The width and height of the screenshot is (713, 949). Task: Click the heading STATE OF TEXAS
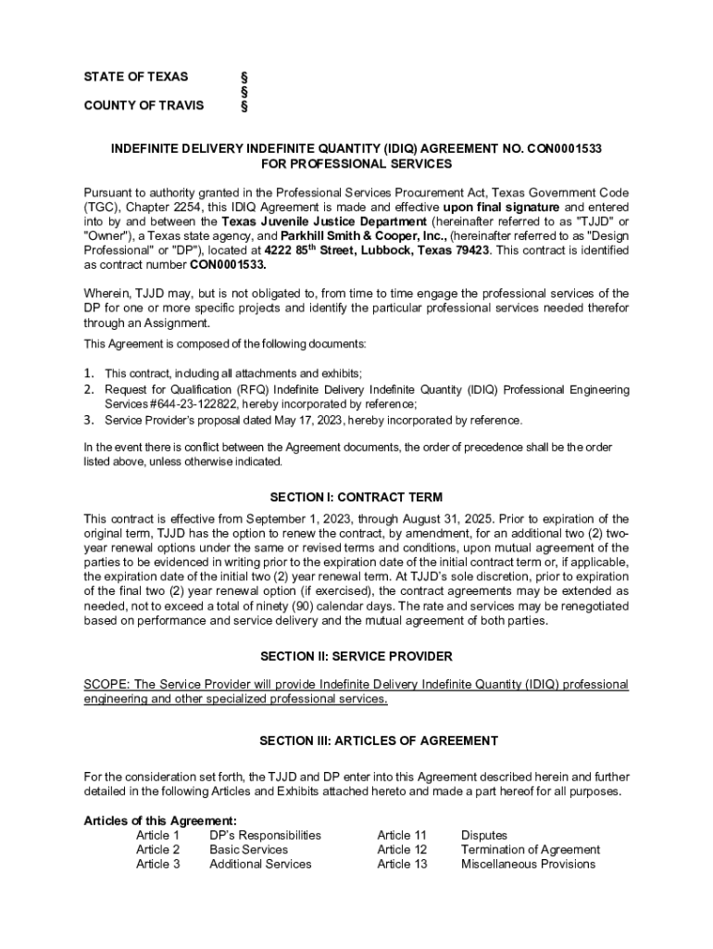pyautogui.click(x=135, y=76)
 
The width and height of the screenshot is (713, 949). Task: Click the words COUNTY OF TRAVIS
pyautogui.click(x=144, y=106)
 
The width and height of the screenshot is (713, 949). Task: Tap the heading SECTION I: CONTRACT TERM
pyautogui.click(x=356, y=497)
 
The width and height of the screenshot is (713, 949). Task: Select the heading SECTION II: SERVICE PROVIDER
pyautogui.click(x=356, y=656)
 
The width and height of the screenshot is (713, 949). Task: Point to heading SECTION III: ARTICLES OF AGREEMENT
pyautogui.click(x=356, y=740)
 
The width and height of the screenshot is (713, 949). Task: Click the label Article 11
pyautogui.click(x=402, y=835)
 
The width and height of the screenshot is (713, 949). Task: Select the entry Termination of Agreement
pyautogui.click(x=531, y=849)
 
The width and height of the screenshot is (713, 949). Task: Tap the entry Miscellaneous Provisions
pyautogui.click(x=528, y=864)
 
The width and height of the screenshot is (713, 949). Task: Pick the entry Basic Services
pyautogui.click(x=248, y=849)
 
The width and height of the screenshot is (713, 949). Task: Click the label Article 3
pyautogui.click(x=158, y=864)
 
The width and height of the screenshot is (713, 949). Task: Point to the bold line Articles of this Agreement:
pyautogui.click(x=160, y=820)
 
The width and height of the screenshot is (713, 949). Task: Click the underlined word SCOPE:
pyautogui.click(x=109, y=684)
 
